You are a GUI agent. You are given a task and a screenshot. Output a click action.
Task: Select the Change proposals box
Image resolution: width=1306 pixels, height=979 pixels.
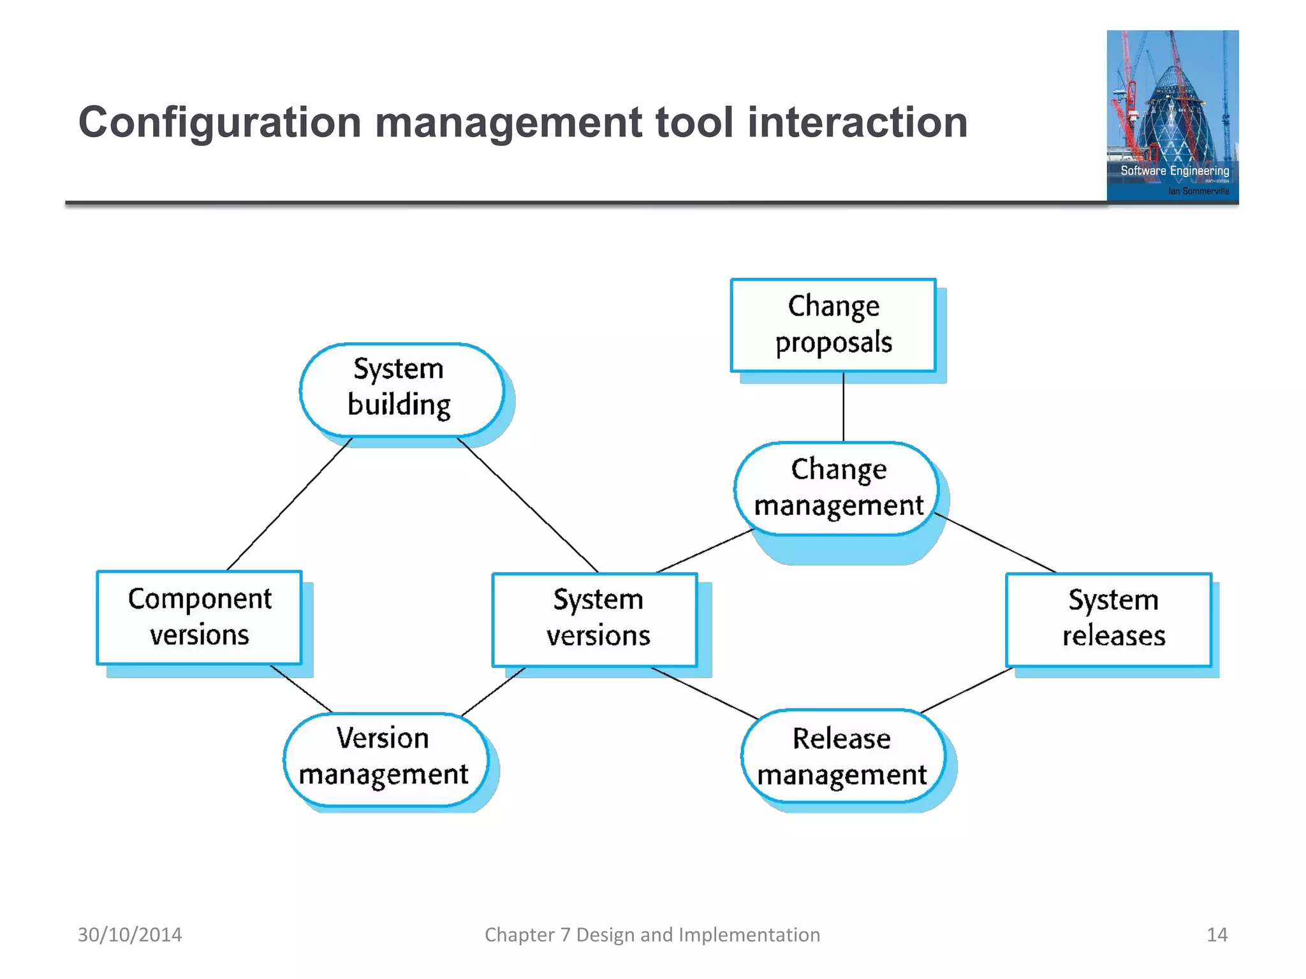tap(833, 325)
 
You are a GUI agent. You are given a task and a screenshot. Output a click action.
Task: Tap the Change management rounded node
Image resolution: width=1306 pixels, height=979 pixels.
tap(837, 488)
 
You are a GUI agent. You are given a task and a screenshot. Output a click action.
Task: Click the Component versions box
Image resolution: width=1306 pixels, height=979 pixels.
tap(199, 617)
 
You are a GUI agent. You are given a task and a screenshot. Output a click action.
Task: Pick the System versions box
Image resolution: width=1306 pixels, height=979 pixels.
tap(595, 619)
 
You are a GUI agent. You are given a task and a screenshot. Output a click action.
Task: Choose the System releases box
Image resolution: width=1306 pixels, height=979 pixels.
tap(1108, 619)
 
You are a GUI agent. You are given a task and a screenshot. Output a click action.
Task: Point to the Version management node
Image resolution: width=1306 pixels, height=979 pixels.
tap(385, 758)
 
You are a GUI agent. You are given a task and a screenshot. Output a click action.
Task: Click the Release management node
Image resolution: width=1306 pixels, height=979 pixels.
tap(842, 757)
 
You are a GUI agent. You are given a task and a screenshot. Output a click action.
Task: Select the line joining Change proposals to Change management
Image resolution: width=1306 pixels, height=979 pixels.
tap(843, 407)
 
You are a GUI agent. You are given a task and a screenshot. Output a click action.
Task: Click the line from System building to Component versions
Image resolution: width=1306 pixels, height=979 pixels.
tap(290, 504)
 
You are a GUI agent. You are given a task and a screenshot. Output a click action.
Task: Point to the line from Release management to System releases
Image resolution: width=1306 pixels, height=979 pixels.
tap(967, 690)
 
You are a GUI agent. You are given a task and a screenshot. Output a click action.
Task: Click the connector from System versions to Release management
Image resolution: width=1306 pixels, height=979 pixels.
tap(704, 693)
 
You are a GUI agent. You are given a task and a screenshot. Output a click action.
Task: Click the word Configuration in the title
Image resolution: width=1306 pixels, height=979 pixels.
tap(219, 122)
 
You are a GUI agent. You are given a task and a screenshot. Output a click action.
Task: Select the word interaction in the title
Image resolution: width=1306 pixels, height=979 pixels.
tap(857, 122)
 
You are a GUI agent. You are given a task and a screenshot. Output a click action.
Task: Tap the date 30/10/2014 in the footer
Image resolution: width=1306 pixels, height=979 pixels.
tap(129, 934)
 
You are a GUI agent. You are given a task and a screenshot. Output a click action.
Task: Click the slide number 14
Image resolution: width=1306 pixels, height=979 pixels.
tap(1217, 934)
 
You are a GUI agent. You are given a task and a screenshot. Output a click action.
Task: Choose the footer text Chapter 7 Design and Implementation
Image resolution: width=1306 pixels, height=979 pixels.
tap(652, 934)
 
